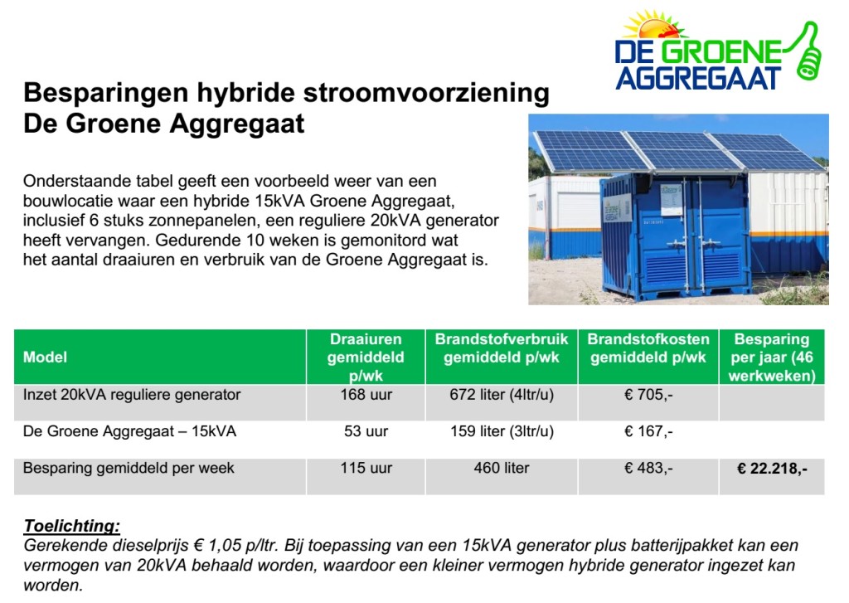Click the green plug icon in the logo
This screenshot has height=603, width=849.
point(809,51)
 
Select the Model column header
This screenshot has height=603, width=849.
point(46,357)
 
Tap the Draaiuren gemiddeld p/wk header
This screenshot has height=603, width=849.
point(366,357)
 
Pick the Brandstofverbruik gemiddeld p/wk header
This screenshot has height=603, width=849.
point(502,348)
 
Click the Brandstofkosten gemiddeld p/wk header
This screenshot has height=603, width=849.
point(648,348)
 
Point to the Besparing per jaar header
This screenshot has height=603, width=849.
point(771,357)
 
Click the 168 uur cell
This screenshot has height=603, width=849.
point(366,395)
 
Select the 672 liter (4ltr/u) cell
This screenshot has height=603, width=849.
point(502,395)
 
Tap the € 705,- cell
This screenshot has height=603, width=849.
point(648,395)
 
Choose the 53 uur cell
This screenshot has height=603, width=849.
point(366,431)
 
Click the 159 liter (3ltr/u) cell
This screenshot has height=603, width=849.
point(502,431)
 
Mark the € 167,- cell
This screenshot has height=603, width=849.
point(648,431)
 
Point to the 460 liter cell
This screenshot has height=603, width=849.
point(502,468)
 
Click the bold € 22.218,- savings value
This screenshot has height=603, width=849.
point(772,469)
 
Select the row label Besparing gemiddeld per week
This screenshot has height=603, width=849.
point(129,468)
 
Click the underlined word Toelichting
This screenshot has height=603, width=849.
point(72,525)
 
